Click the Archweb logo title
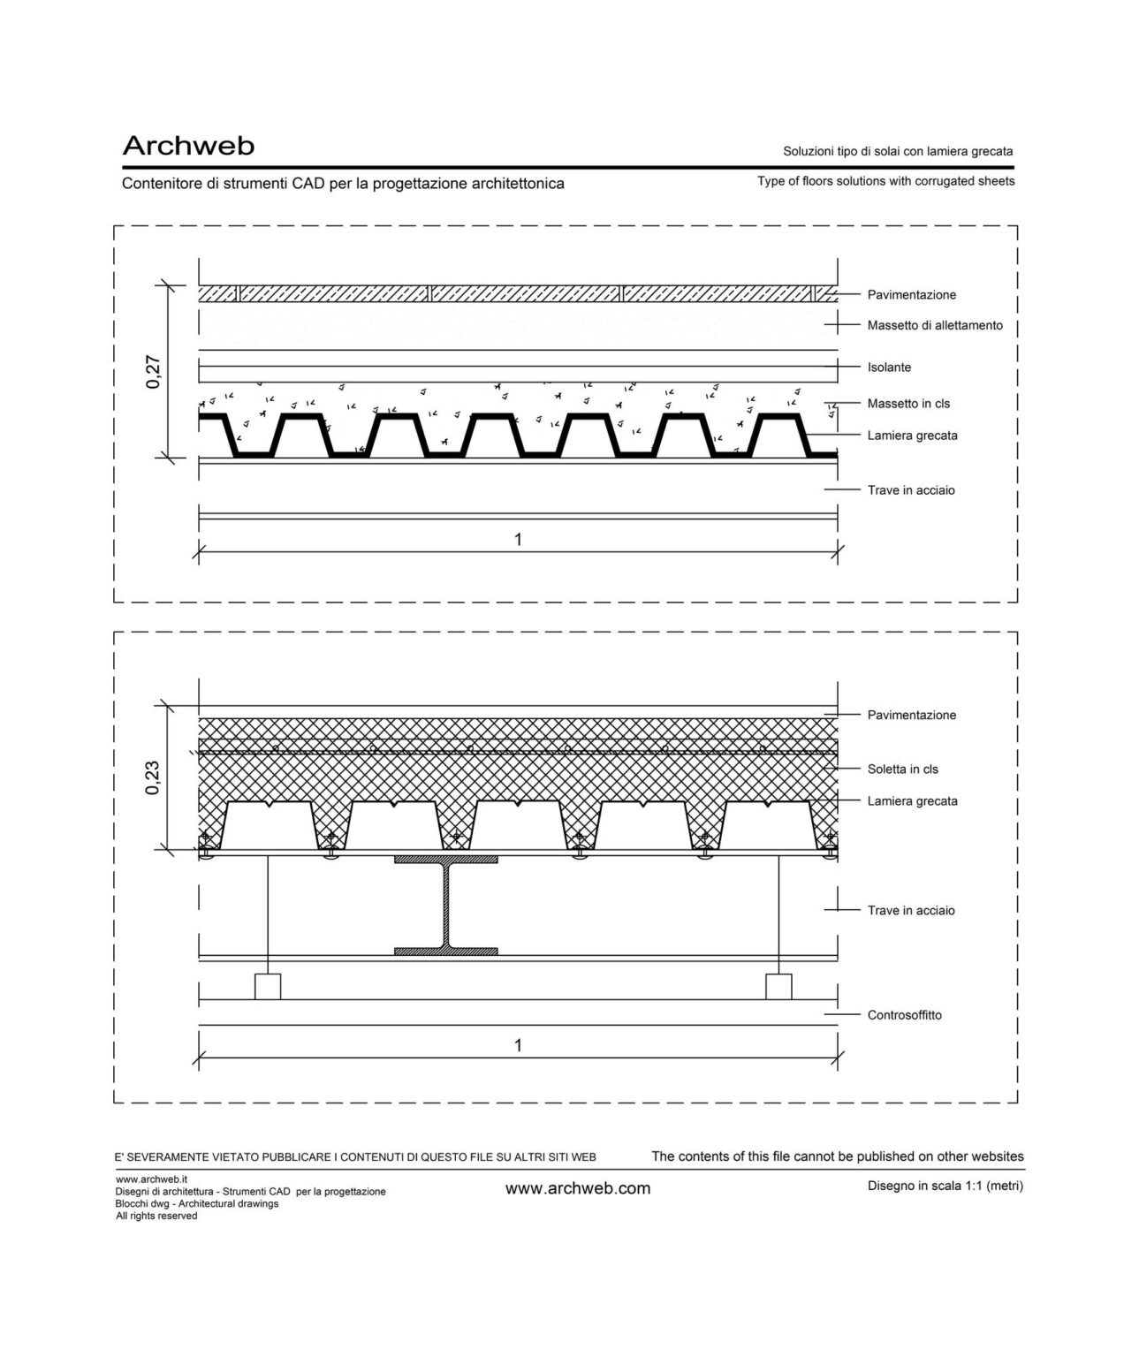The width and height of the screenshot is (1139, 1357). point(188,146)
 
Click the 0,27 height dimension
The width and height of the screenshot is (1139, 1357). point(153,371)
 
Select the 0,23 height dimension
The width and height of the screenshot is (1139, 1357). point(153,777)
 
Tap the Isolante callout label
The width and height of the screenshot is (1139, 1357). point(889,368)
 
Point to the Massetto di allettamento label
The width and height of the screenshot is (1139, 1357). point(935,326)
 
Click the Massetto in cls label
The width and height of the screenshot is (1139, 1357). point(908,404)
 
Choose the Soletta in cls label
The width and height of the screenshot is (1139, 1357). point(902,769)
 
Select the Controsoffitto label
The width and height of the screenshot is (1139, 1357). point(904,1015)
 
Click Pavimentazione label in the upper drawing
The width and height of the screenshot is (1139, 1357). point(911,295)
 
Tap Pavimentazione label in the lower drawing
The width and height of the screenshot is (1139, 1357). point(911,716)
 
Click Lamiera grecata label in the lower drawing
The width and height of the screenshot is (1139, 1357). point(912,801)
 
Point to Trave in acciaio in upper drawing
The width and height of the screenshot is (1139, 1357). point(910,490)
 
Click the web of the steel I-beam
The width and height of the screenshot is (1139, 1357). point(446,906)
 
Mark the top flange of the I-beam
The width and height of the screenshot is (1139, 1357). point(446,860)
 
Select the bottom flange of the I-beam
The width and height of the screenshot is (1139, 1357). point(446,951)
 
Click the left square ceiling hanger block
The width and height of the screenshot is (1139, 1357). point(267,986)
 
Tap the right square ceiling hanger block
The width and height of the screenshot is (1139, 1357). point(778,986)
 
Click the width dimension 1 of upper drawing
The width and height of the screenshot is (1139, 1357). point(518,539)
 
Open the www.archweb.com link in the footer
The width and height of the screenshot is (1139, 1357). point(577,1189)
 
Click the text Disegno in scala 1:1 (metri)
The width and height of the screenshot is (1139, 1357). point(945,1186)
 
